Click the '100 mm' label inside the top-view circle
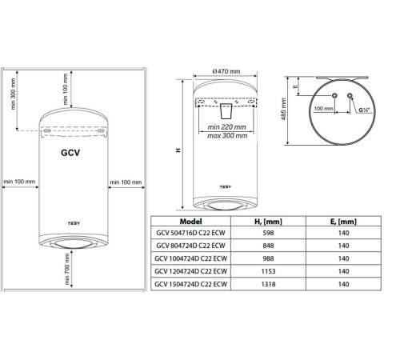[x=325, y=107]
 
